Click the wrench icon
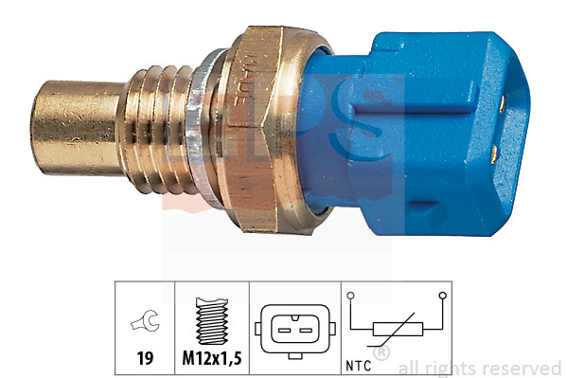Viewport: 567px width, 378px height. pyautogui.click(x=145, y=324)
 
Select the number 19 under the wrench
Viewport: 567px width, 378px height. pyautogui.click(x=145, y=360)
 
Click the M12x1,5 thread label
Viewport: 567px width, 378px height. pyautogui.click(x=211, y=360)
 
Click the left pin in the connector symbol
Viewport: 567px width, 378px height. pyautogui.click(x=284, y=329)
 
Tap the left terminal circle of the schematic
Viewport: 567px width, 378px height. pyautogui.click(x=350, y=297)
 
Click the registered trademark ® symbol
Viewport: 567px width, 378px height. pyautogui.click(x=381, y=353)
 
